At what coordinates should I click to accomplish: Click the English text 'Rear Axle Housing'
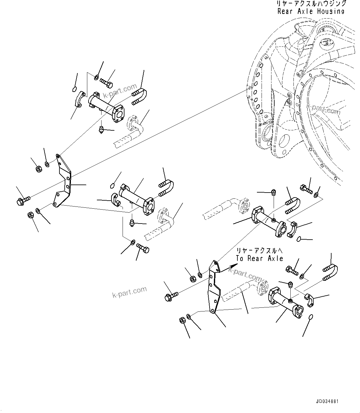(311, 12)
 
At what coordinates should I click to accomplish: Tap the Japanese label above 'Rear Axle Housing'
(311, 4)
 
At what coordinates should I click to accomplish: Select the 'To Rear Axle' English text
(259, 258)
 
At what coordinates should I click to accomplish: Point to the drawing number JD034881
(327, 402)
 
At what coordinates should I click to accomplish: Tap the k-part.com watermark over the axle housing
(323, 109)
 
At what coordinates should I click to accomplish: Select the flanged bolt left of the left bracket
(23, 200)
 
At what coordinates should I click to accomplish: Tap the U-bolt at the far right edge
(330, 273)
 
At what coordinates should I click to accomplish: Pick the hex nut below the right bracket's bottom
(182, 321)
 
